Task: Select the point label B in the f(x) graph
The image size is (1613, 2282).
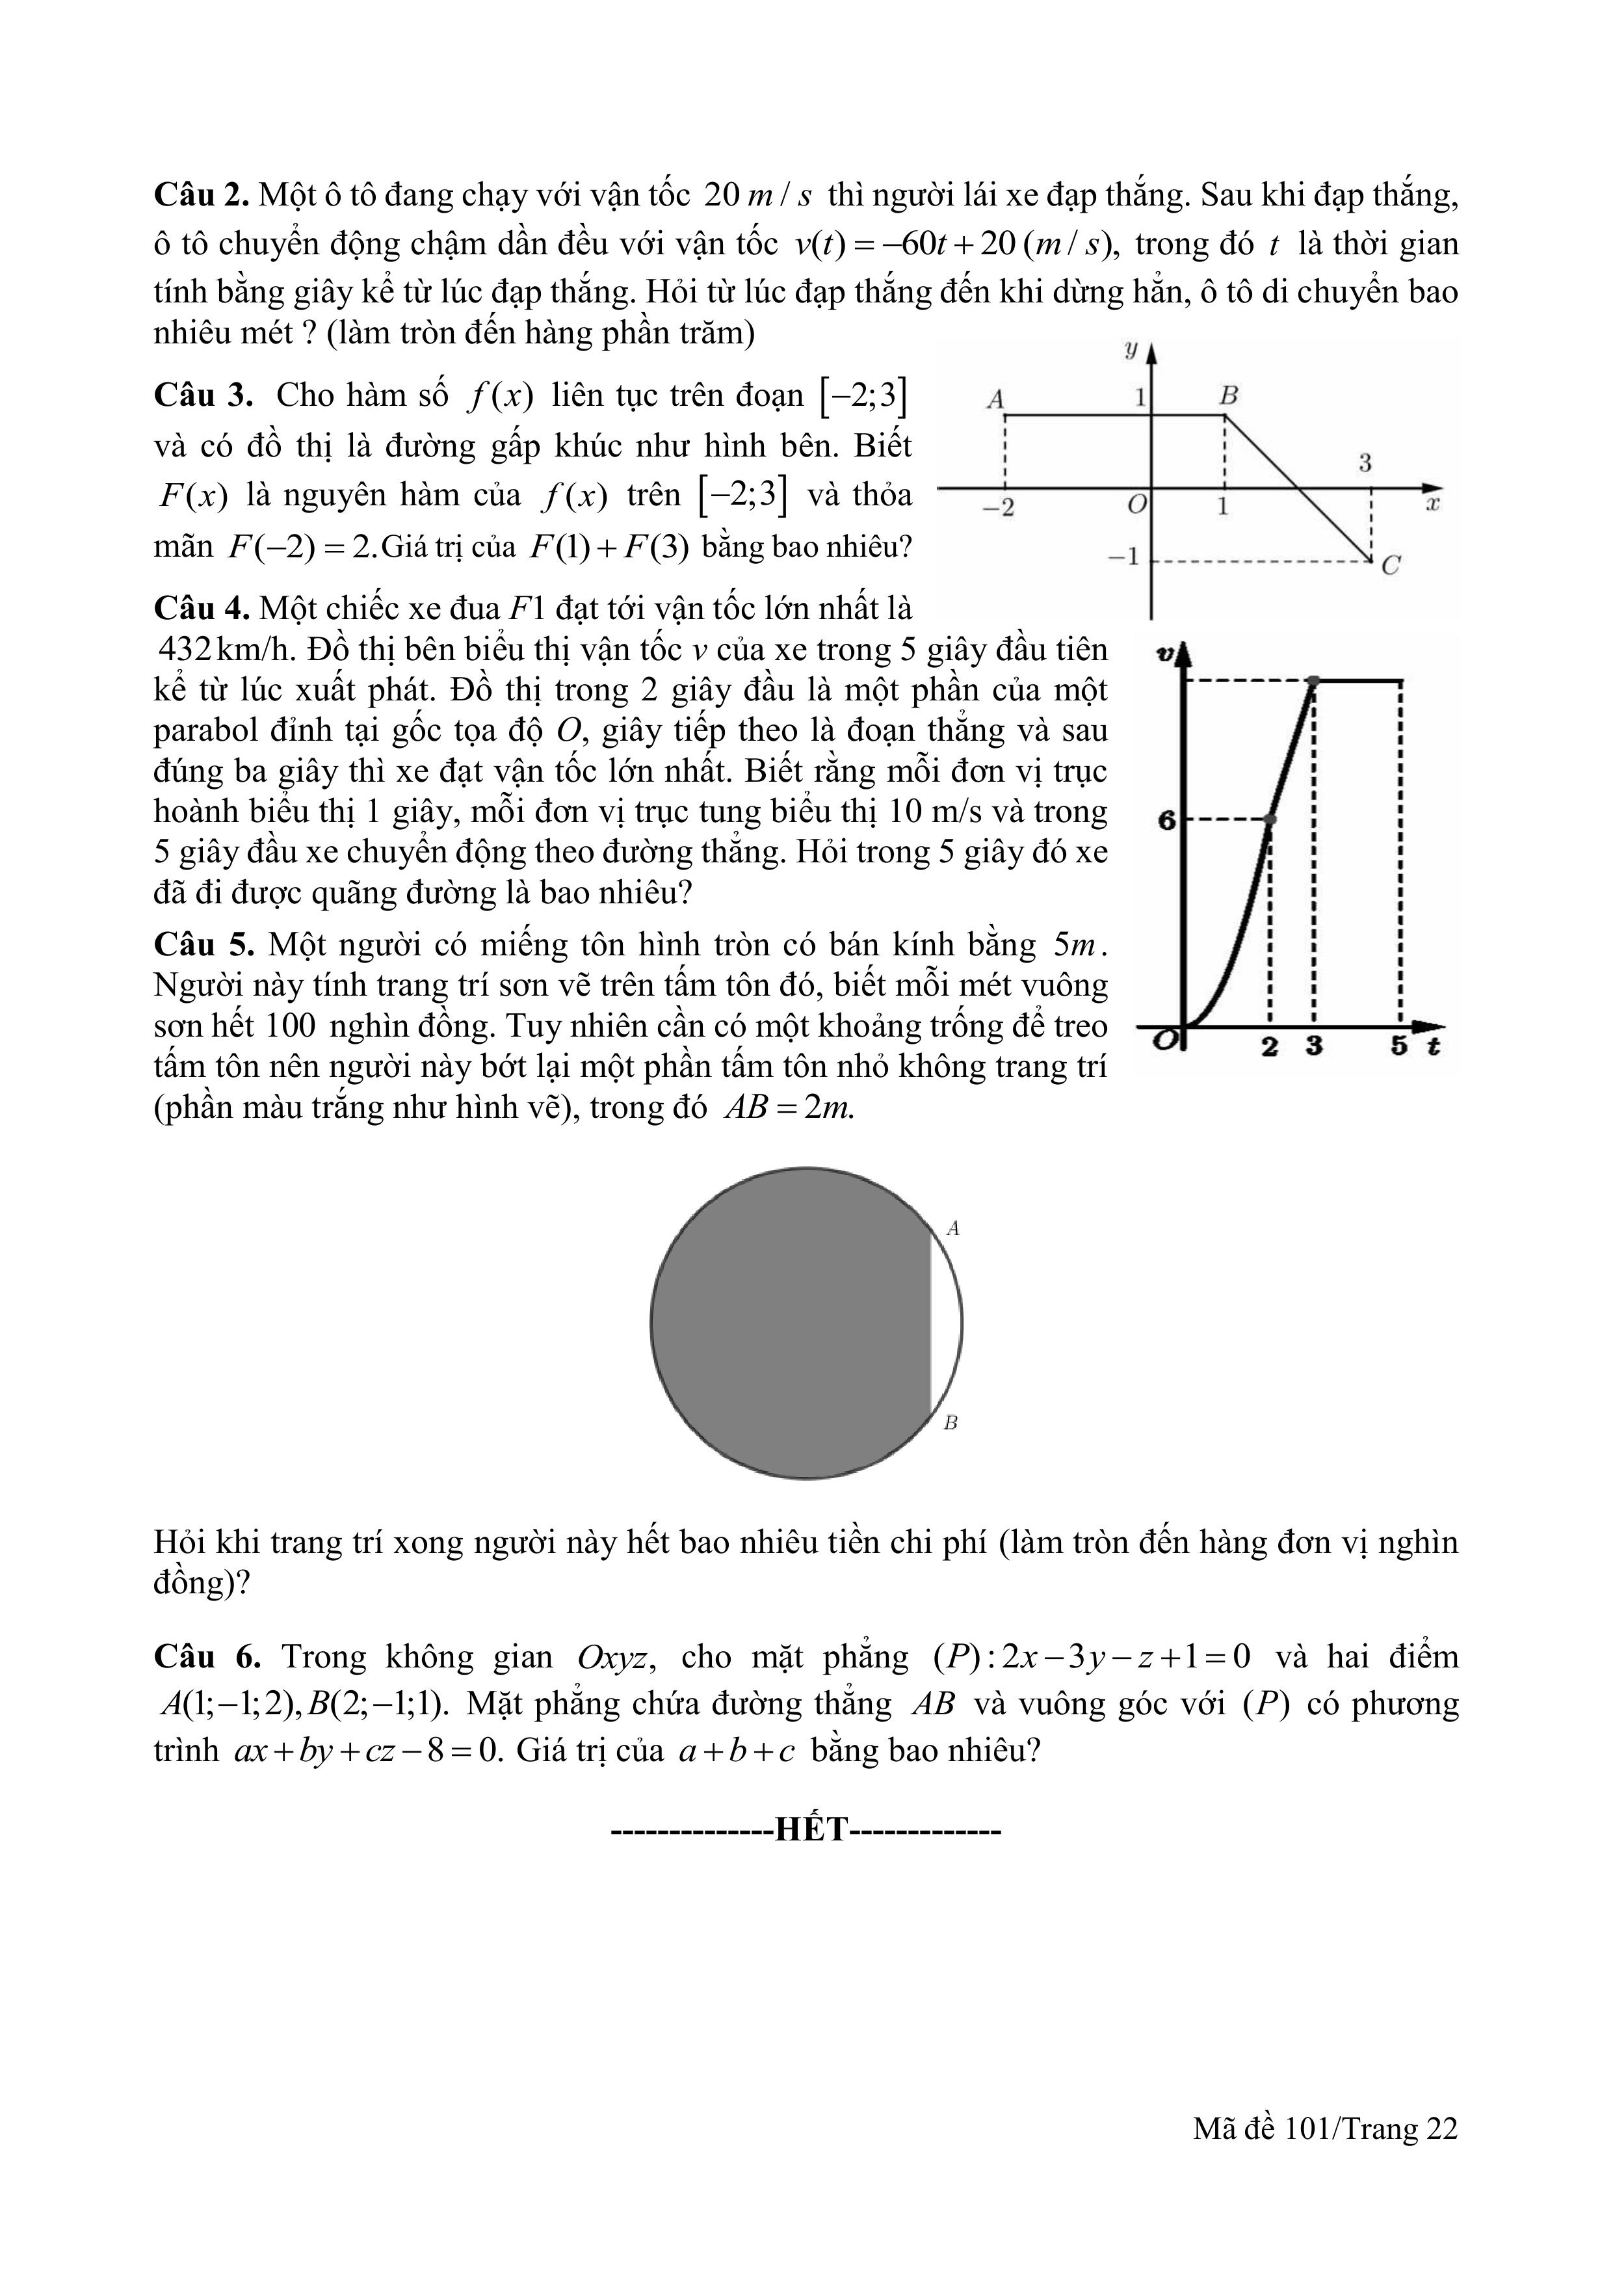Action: (1228, 395)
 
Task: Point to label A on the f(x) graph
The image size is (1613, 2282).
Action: (995, 399)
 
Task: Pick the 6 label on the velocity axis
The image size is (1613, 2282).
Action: (1167, 820)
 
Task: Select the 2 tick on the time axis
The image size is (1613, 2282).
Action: (1269, 1046)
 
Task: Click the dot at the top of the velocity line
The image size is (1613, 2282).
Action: (1314, 681)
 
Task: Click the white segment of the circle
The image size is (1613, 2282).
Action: (945, 1323)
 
